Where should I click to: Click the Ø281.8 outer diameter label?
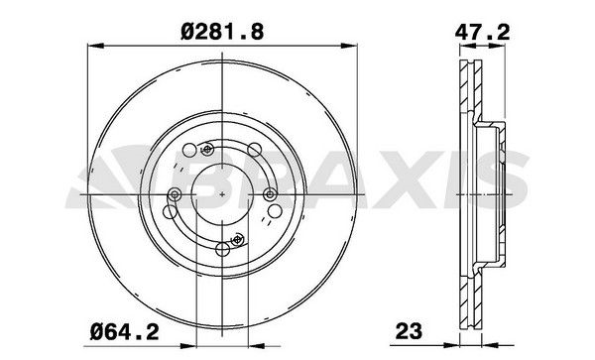222,32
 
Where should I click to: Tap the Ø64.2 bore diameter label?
125,332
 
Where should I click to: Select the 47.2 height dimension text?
482,33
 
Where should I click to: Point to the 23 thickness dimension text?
409,331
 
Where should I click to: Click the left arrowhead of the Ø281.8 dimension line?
95,46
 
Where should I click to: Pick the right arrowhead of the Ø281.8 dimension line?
349,46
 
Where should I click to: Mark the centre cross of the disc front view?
222,194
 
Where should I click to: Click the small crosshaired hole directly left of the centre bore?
175,194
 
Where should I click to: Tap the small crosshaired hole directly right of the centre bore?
270,194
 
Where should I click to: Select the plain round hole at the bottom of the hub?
222,249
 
